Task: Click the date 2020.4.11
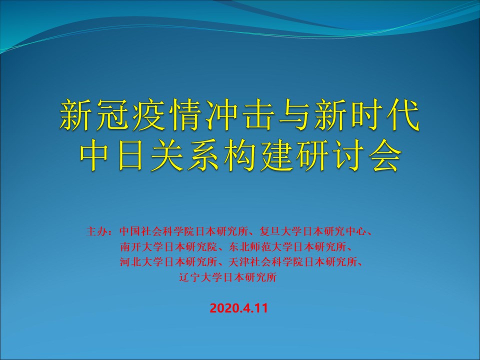pos(239,308)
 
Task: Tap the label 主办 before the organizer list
pos(96,231)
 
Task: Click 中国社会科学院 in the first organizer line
pos(156,231)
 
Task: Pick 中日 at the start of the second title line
pos(112,156)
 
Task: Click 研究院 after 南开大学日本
pos(201,246)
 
